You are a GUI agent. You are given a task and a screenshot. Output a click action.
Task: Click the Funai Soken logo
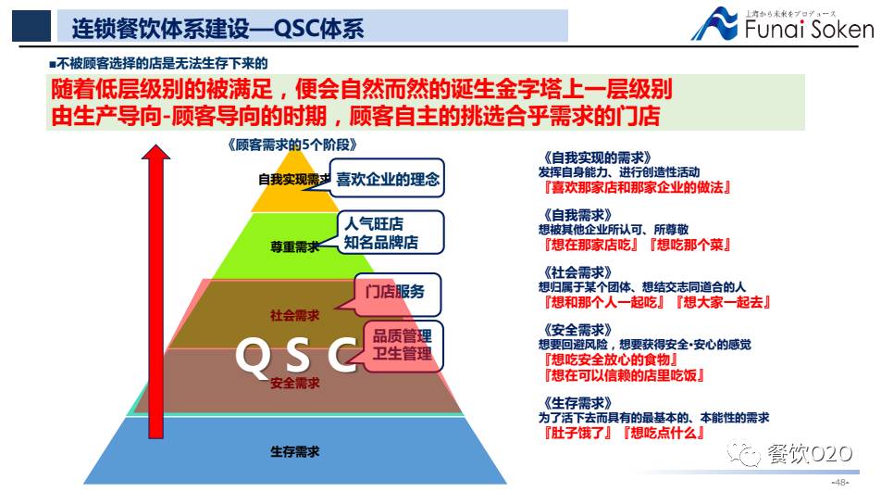[781, 25]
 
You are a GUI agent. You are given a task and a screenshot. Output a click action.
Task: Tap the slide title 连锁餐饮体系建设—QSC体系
[218, 28]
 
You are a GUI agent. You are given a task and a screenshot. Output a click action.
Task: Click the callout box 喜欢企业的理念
[388, 178]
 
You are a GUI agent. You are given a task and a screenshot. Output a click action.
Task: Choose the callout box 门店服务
[395, 292]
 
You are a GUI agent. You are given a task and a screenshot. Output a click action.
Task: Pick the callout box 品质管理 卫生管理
[402, 343]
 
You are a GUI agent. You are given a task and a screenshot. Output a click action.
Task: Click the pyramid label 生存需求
[295, 451]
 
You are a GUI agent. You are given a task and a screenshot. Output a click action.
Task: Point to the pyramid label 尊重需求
[294, 247]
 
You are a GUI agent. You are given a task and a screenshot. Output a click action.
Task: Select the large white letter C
[341, 355]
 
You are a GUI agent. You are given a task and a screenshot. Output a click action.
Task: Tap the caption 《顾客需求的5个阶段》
[291, 145]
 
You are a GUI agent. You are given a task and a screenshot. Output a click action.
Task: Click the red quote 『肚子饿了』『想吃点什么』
[625, 433]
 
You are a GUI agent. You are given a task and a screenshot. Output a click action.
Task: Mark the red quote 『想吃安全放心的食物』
[612, 360]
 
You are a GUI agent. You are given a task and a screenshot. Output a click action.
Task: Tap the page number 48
[840, 483]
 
